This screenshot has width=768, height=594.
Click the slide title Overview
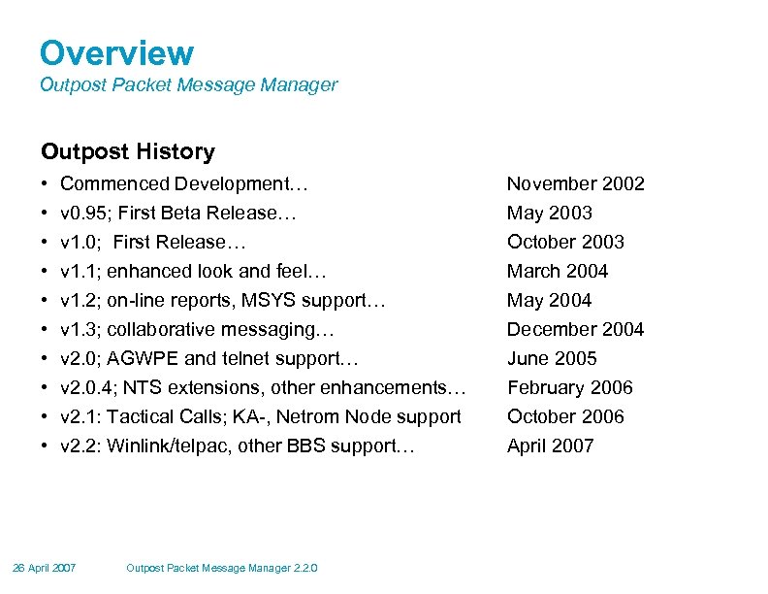point(116,53)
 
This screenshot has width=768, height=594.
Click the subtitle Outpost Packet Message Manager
point(188,84)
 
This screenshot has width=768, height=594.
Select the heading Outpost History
point(127,151)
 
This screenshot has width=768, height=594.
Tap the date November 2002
point(575,183)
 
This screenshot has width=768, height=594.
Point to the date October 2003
point(565,242)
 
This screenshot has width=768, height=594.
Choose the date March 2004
point(558,271)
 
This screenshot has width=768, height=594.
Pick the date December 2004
point(575,329)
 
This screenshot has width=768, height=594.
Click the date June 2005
point(552,358)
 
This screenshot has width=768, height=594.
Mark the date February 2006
point(569,387)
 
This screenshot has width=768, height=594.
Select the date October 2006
point(565,416)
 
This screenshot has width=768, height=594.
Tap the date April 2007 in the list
point(550,445)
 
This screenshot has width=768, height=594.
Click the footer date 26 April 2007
point(45,568)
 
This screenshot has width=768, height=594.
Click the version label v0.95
point(80,213)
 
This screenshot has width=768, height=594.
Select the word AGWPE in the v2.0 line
point(138,358)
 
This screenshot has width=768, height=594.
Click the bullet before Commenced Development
point(46,183)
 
